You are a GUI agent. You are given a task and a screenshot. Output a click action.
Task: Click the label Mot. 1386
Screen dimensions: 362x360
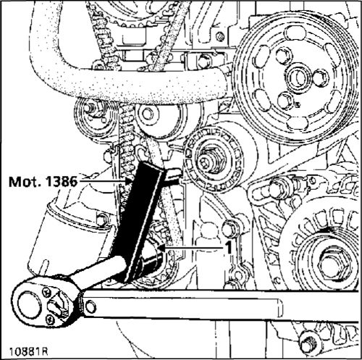click(x=43, y=181)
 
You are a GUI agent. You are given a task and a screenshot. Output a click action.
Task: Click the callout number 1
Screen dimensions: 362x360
click(x=228, y=247)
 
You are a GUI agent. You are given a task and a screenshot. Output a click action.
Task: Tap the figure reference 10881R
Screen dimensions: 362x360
click(x=28, y=351)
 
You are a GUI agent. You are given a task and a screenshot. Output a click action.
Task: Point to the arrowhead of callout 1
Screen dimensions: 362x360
click(x=161, y=247)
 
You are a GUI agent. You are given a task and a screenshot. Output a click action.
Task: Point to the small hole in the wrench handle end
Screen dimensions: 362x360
click(x=90, y=306)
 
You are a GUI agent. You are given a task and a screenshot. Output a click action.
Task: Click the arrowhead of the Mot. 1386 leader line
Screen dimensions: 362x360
click(x=128, y=181)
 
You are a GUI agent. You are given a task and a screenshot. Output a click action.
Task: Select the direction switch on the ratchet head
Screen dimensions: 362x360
click(x=57, y=306)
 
